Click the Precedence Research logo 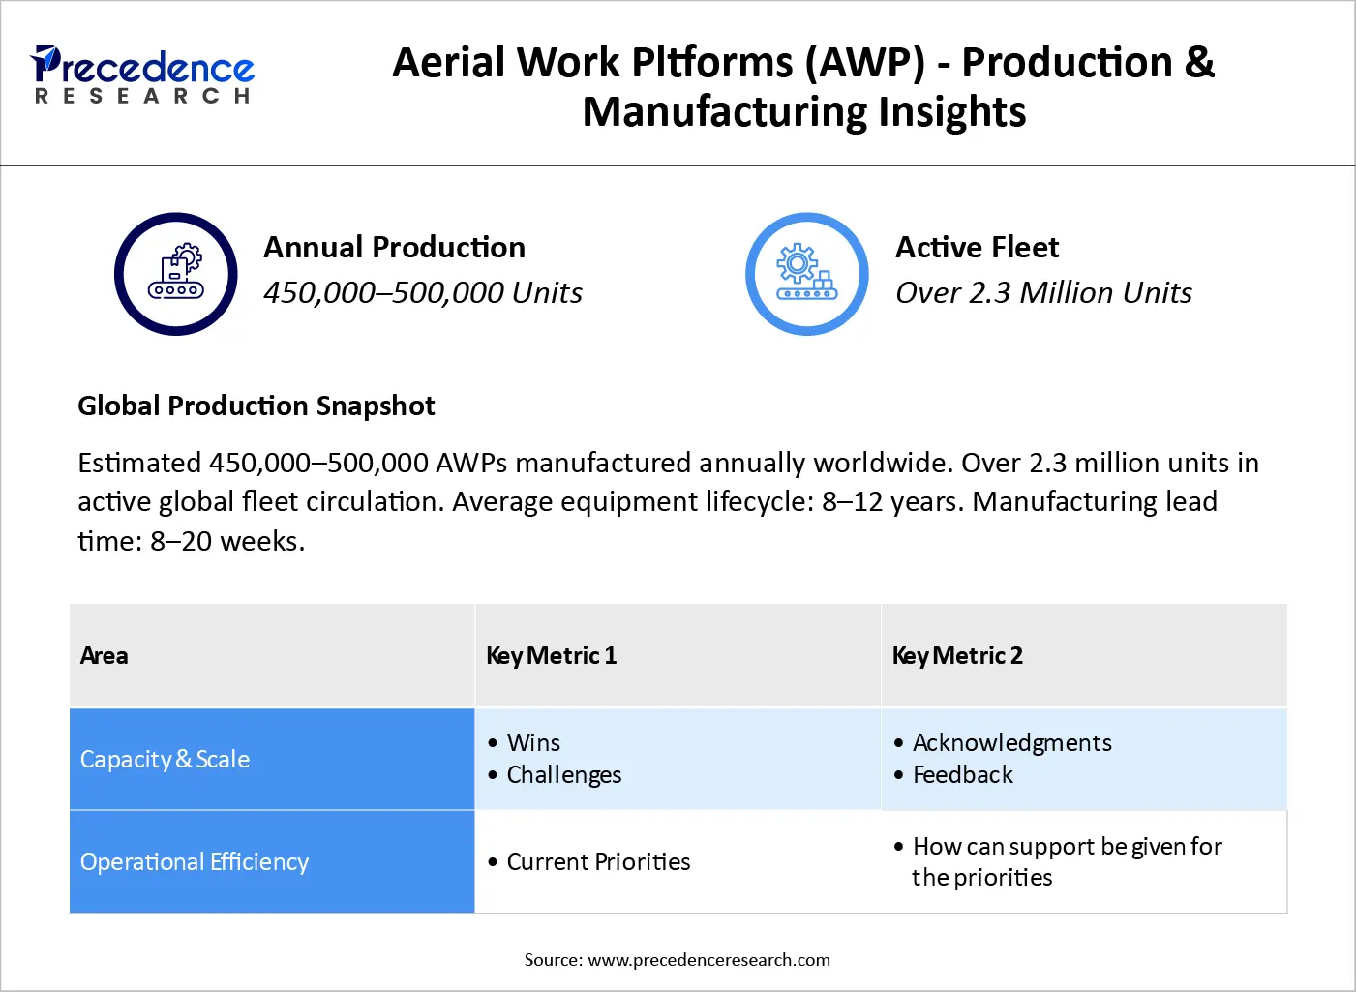point(142,74)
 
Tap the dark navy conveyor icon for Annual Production point(176,274)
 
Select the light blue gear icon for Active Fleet point(807,274)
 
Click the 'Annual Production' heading point(394,247)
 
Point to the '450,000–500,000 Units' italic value point(422,292)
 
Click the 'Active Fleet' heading point(977,247)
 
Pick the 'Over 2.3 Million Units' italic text point(1043,292)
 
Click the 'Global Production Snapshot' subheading point(256,406)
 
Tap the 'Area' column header point(105,655)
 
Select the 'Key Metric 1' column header point(551,655)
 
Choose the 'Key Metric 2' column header point(957,655)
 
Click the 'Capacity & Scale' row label point(165,760)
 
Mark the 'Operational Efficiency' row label point(195,861)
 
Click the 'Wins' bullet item point(533,742)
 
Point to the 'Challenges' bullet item point(563,774)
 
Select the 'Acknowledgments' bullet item point(1011,742)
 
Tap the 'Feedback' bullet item point(962,774)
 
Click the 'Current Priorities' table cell point(598,861)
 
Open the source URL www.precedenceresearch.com point(708,960)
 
